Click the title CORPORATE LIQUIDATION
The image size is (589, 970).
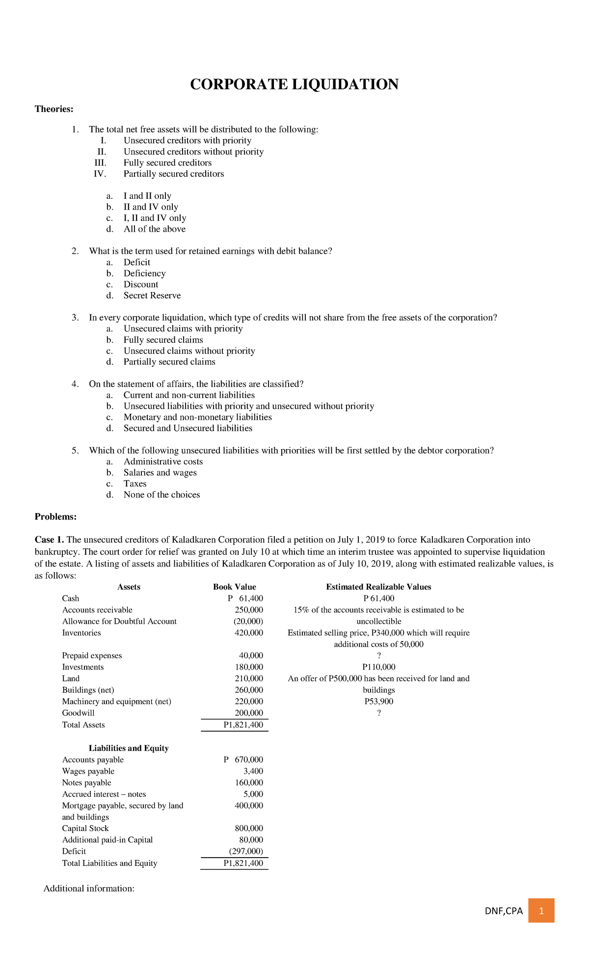coord(294,84)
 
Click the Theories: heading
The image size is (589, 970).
coord(54,109)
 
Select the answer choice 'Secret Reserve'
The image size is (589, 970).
coord(152,296)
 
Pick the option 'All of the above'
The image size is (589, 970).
coord(154,229)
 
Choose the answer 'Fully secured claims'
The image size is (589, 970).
coord(163,340)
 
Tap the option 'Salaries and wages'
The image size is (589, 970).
coord(160,473)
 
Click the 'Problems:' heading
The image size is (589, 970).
coord(55,517)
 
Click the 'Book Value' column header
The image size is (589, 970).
coord(234,587)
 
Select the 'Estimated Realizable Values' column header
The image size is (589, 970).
coord(378,587)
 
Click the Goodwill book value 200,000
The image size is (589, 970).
coord(249,713)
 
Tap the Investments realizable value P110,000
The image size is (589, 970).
coord(378,667)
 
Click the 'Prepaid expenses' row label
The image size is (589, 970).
coord(92,656)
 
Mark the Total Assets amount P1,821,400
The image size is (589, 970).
coord(243,725)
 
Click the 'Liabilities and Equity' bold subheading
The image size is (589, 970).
coord(129,748)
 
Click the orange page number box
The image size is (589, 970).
coord(541,911)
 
